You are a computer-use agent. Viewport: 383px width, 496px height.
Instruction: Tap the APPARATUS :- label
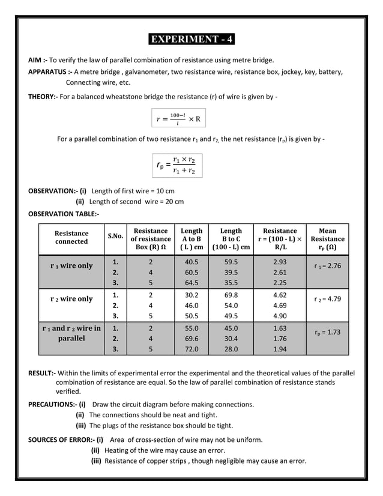51,71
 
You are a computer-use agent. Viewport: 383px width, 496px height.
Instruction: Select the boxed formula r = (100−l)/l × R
179,119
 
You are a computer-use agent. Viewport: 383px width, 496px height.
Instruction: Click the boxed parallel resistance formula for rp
177,165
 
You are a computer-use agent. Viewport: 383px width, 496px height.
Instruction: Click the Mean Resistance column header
327,238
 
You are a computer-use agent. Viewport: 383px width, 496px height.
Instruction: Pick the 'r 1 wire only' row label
71,265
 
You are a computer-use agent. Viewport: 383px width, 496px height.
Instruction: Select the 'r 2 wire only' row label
71,298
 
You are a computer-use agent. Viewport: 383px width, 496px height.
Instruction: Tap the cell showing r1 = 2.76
327,265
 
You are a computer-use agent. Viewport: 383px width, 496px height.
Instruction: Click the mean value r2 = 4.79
327,298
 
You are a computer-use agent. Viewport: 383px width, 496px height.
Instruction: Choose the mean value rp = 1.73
327,331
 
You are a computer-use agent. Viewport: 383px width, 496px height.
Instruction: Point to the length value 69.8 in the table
231,295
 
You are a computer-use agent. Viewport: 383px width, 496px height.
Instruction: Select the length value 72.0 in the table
191,349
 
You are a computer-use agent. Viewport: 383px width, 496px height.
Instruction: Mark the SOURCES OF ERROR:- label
61,440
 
